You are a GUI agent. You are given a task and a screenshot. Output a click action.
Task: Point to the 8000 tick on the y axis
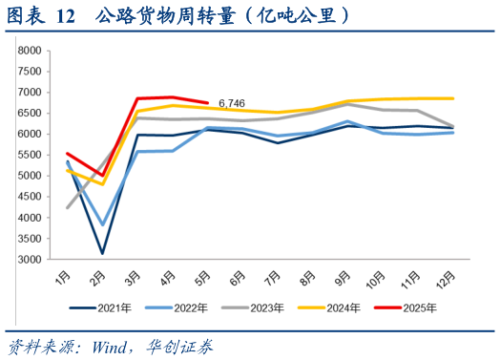pos(30,50)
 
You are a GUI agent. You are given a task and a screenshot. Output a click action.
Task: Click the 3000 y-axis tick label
pos(30,260)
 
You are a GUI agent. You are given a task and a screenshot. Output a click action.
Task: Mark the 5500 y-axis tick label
pos(30,155)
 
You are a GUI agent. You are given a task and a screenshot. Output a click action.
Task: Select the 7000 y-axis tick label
pos(30,92)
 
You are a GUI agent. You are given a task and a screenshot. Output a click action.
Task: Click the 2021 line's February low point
pos(102,253)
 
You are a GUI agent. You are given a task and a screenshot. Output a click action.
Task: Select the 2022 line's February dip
pos(102,224)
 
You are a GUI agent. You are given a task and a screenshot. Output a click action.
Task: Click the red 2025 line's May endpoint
pos(208,102)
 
